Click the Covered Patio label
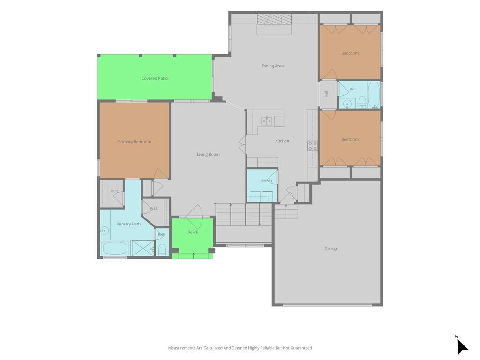154,78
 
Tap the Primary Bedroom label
135,142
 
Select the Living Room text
208,154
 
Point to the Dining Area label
272,66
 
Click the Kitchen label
282,141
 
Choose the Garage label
331,248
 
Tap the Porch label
193,232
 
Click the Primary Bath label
128,224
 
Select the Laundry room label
266,180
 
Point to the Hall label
327,94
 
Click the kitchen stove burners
313,146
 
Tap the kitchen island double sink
267,121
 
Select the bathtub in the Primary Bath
115,248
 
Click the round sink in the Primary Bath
105,230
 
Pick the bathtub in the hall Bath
374,94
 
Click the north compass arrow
462,346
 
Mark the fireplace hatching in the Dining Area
274,19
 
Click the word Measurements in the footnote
182,348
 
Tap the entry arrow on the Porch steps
194,255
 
